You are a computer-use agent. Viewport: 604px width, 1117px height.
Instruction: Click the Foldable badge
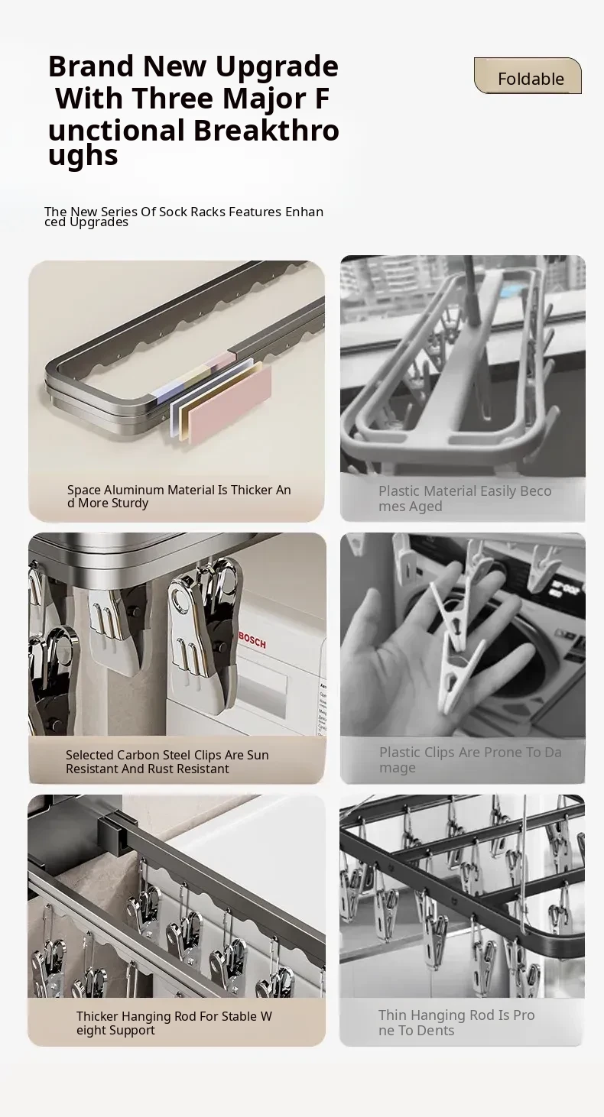coord(528,76)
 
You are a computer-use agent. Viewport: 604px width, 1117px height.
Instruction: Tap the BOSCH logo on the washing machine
coord(252,639)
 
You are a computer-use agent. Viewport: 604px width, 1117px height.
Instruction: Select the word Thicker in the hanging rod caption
coord(97,1016)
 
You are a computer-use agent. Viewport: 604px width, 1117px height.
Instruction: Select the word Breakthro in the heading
coord(266,130)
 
